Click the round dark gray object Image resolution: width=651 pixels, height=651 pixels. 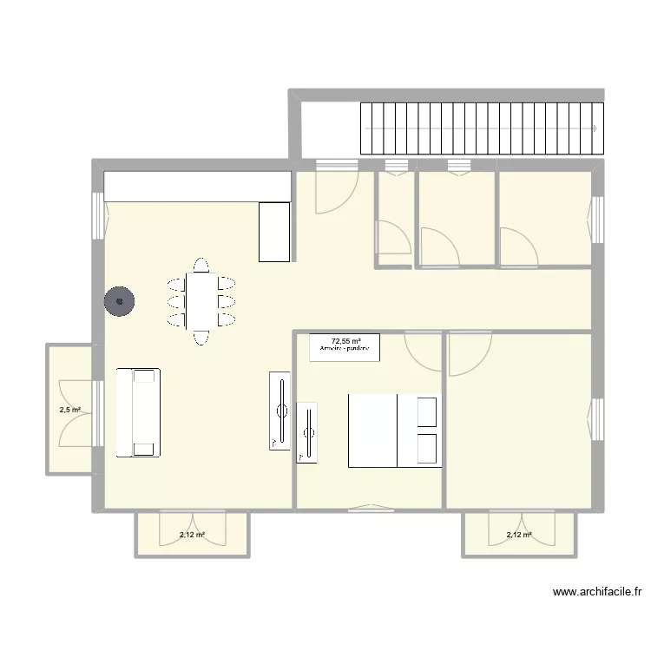(x=120, y=302)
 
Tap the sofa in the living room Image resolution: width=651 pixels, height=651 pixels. (x=138, y=412)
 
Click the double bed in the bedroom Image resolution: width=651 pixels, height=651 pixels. (x=395, y=431)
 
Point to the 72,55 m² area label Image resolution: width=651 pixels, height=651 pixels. (x=345, y=341)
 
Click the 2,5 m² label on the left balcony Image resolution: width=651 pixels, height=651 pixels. (x=69, y=410)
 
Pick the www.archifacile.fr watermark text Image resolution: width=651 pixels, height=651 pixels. (x=597, y=593)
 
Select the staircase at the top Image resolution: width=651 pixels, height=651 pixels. (x=481, y=128)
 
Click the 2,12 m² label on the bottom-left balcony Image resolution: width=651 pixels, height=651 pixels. (x=192, y=536)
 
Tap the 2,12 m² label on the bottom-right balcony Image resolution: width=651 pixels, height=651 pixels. (x=519, y=536)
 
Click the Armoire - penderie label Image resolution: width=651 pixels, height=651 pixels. (x=345, y=349)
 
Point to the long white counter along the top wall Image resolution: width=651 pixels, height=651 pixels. (x=197, y=185)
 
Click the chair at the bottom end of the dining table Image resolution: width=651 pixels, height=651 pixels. (x=201, y=337)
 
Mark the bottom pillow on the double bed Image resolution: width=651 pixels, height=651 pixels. (x=428, y=449)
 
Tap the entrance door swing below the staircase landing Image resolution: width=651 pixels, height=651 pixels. (x=336, y=189)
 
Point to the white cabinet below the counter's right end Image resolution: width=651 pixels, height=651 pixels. (x=273, y=231)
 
